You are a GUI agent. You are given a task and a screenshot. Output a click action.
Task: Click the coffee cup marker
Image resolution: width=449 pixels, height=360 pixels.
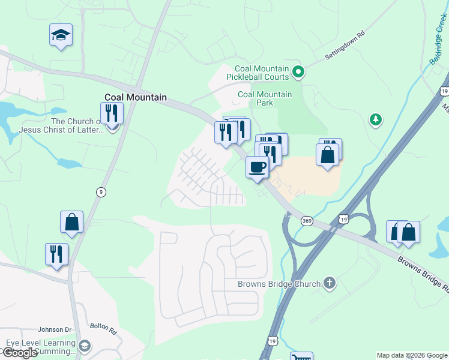point(258,167)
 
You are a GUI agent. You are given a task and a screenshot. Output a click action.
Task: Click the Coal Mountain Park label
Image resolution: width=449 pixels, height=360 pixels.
point(265,98)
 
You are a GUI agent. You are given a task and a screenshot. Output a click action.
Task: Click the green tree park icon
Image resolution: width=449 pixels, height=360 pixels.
point(376,120)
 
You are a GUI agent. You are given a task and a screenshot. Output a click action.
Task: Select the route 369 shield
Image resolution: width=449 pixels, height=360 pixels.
point(307,221)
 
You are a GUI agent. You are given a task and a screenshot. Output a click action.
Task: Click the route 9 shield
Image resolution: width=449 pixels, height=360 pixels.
point(101,191)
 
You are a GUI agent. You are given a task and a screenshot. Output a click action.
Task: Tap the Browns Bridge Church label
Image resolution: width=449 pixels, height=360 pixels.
point(279,283)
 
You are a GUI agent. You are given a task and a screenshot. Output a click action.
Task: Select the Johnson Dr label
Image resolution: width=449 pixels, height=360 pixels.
point(55,329)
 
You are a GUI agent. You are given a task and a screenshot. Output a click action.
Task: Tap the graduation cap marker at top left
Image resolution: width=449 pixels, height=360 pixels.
point(61,35)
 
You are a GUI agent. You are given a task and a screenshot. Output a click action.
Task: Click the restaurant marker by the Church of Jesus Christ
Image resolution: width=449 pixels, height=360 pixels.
point(112,113)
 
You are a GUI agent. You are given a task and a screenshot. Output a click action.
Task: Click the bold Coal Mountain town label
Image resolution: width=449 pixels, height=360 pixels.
point(135,97)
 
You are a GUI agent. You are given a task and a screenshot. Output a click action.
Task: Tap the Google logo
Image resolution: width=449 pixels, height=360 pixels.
point(20,353)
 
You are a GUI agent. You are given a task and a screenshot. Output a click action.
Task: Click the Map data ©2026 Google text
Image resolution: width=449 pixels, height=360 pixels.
point(412,355)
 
